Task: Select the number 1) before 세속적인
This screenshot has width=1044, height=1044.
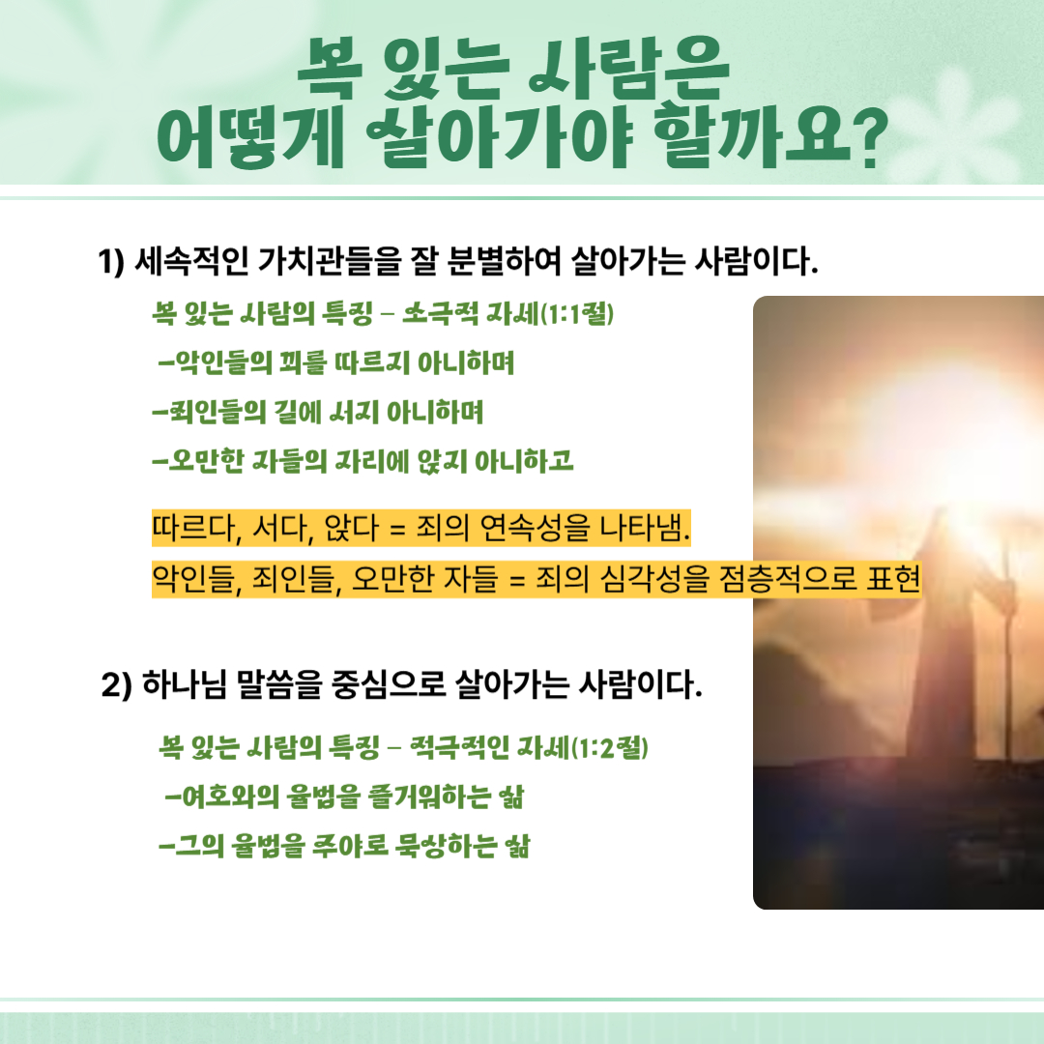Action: [x=111, y=262]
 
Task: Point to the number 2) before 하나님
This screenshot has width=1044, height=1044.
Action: [x=117, y=685]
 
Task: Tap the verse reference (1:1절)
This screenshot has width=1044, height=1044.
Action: [x=576, y=313]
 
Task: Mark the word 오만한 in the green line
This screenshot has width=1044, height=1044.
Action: [x=206, y=461]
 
